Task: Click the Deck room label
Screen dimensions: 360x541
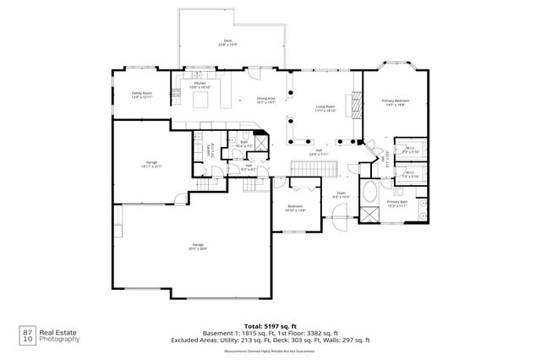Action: point(227,42)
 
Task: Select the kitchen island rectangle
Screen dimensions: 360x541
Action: point(201,101)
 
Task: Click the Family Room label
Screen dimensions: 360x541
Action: point(141,95)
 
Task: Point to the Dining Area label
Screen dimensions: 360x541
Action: point(267,100)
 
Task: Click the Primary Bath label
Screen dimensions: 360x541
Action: point(397,204)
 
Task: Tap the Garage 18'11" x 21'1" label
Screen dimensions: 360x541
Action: point(152,164)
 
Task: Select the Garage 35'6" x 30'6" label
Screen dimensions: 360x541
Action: point(198,248)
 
